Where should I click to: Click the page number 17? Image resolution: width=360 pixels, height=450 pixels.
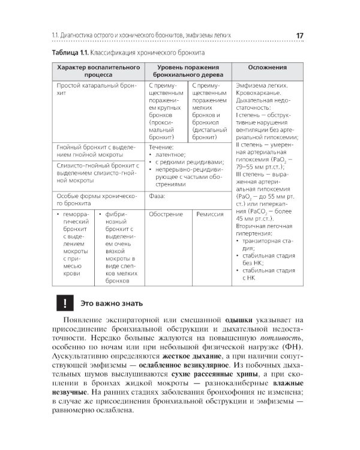click(299, 35)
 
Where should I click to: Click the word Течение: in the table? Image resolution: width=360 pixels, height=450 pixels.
click(161, 147)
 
